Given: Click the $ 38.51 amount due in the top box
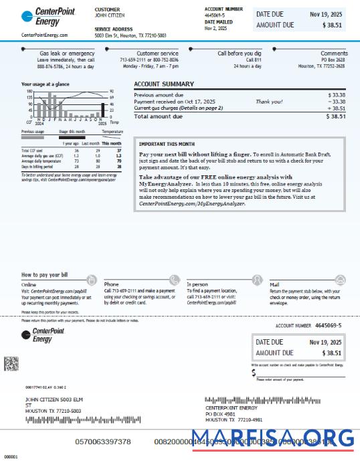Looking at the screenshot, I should [332, 25].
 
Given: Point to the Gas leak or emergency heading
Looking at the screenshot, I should [66, 54].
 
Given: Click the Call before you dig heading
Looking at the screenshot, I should [238, 54].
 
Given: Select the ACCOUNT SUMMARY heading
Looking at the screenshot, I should [164, 84].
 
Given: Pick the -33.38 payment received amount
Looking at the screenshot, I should [336, 102].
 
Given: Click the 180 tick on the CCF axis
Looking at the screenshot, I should [30, 92].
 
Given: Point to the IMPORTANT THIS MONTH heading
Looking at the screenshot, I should [167, 144].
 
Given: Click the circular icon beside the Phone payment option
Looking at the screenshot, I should [175, 280].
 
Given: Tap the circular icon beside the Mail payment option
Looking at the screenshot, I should [341, 280].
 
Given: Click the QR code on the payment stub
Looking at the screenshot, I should [11, 363].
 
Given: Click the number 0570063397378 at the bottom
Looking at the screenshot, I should [103, 442].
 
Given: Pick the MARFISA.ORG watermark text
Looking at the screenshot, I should [272, 440].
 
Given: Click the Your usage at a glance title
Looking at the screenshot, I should [46, 84].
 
